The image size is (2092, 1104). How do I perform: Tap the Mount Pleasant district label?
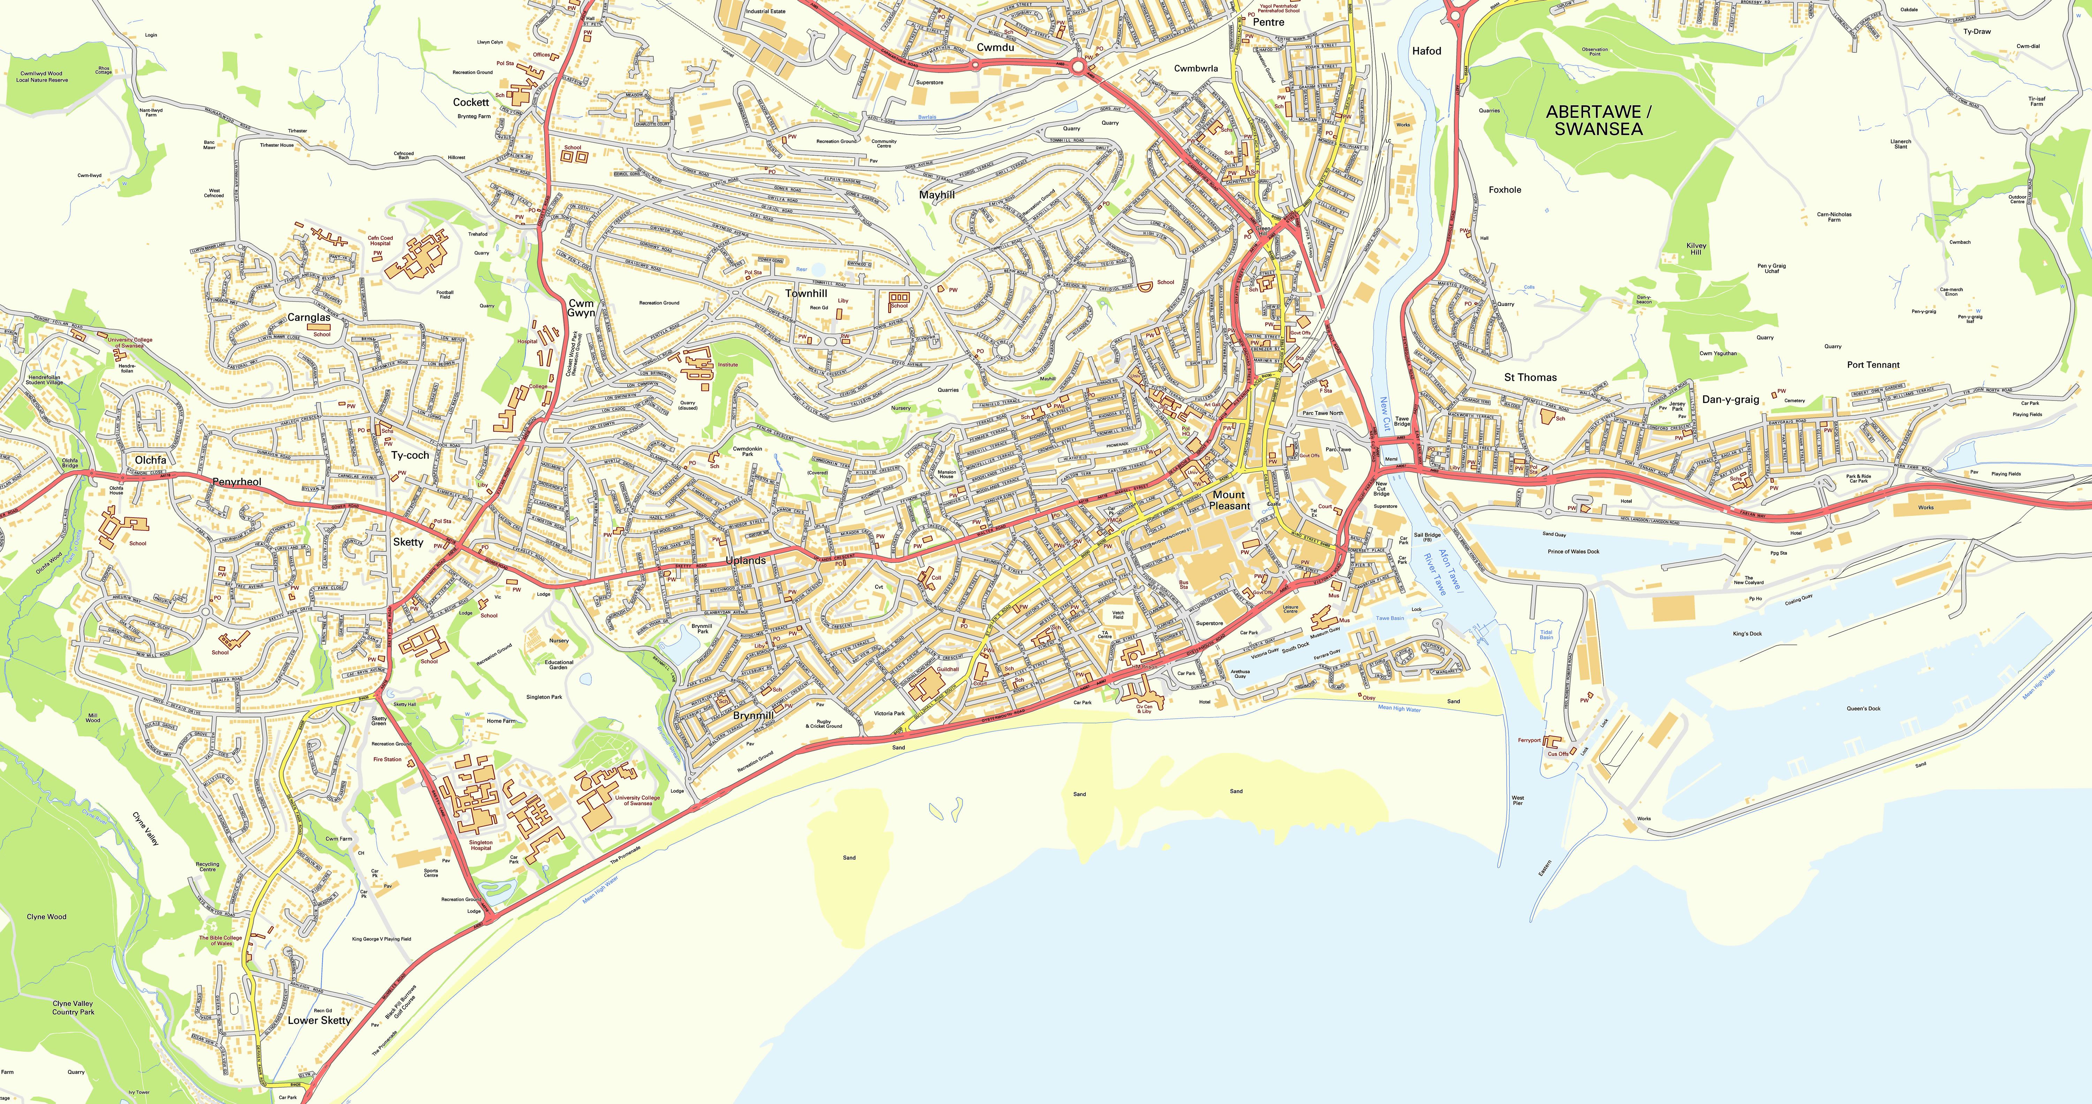(1229, 500)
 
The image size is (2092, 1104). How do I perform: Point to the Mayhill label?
(937, 195)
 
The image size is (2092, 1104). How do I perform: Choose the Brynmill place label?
(753, 715)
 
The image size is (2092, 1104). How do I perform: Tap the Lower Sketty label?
(319, 1020)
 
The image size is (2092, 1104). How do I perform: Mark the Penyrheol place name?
(236, 481)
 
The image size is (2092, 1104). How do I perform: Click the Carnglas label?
(309, 318)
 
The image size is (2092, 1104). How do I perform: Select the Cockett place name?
(471, 102)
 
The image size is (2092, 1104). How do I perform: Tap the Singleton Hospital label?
(481, 845)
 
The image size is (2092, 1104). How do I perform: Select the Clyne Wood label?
(46, 916)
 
